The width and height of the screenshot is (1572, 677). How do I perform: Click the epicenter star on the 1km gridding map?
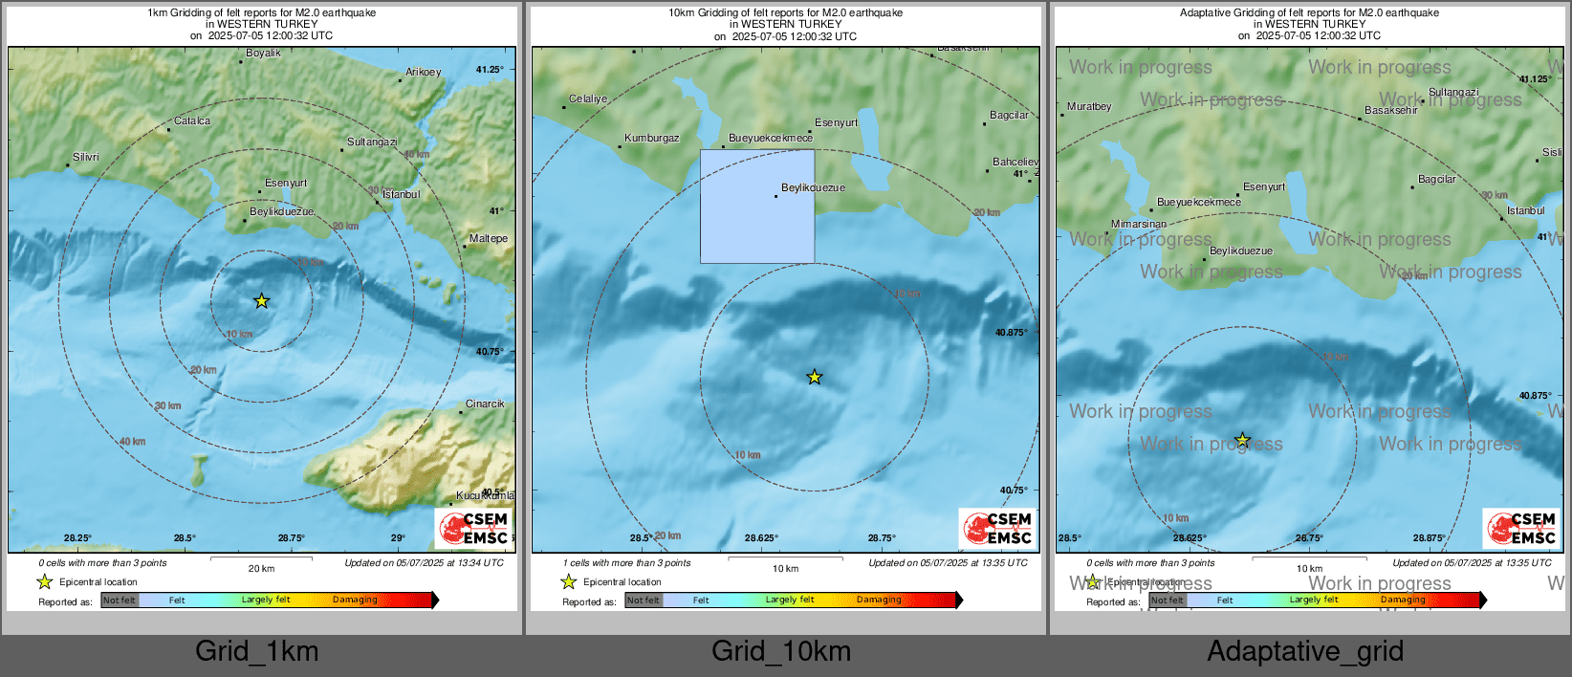tap(261, 301)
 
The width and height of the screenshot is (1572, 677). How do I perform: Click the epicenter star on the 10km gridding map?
tap(814, 377)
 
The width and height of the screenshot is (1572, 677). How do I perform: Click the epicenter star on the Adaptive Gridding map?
tap(1242, 440)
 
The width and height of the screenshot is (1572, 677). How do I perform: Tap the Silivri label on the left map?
tap(86, 157)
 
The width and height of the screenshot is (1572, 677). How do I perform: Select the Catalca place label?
tap(192, 120)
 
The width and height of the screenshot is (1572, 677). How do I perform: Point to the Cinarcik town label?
tap(485, 404)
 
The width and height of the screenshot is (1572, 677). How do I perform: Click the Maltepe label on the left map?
tap(489, 238)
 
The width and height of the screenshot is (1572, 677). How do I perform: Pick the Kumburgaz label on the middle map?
tap(652, 138)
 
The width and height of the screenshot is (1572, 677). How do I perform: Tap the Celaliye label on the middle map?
tap(588, 98)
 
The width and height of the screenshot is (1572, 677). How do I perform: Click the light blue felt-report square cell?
tap(757, 207)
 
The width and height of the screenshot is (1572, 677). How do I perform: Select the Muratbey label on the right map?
tap(1089, 106)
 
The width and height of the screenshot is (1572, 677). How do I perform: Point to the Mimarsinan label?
tap(1139, 224)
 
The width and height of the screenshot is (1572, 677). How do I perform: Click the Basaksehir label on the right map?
tap(1391, 110)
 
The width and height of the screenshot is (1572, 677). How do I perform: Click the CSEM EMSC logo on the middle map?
tap(997, 528)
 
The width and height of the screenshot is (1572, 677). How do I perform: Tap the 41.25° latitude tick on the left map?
tap(490, 69)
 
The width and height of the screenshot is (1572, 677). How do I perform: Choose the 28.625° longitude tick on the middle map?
tap(761, 538)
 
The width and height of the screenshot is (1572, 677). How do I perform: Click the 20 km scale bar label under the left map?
tap(261, 568)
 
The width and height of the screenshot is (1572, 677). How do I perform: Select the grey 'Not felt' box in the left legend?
tap(120, 601)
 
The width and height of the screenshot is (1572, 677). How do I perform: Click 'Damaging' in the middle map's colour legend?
tap(879, 600)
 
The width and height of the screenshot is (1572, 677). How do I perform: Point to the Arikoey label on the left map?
tap(424, 72)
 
